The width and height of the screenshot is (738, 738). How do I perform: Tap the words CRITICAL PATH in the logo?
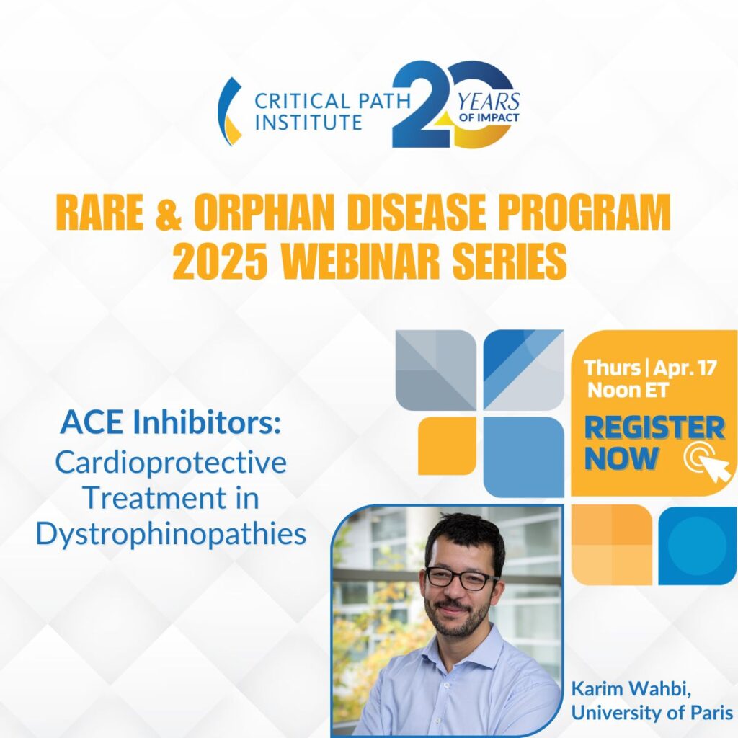click(x=332, y=101)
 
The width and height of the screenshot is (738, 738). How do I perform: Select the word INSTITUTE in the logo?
click(x=308, y=122)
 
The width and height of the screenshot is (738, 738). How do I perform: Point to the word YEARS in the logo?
click(x=489, y=101)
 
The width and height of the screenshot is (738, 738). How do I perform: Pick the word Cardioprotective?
click(x=171, y=462)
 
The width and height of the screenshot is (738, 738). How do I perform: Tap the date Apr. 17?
click(x=685, y=368)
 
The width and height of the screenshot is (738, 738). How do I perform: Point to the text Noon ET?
click(x=628, y=390)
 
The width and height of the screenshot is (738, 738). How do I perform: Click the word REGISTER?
click(x=654, y=427)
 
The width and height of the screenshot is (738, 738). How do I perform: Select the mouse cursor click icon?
click(x=708, y=463)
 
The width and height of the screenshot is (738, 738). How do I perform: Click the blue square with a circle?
click(x=697, y=545)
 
